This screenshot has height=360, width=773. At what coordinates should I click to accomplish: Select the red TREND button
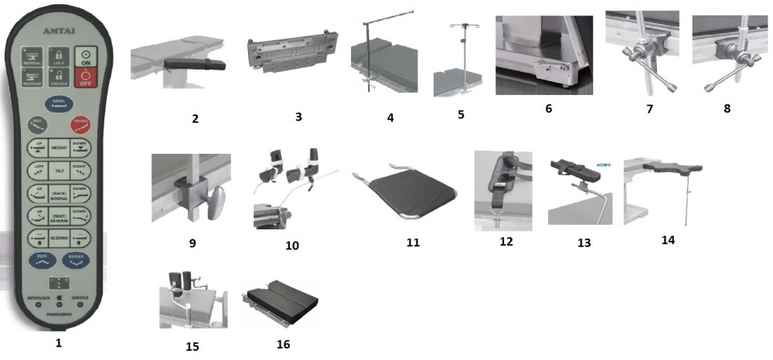[81, 124]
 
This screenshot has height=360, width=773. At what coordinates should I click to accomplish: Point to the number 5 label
[460, 115]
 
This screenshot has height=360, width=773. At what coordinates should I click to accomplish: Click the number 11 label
[413, 242]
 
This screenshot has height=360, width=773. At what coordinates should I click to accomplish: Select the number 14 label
[668, 240]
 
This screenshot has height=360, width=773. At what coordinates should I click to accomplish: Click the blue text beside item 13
[604, 164]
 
